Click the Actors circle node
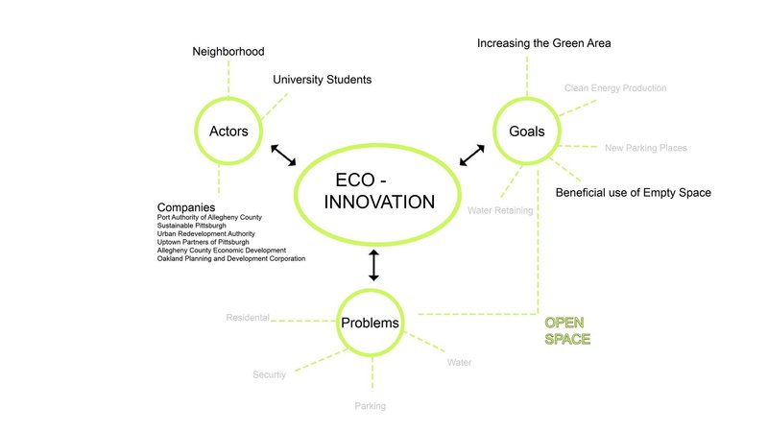click(228, 131)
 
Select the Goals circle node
click(527, 131)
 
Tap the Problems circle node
click(371, 323)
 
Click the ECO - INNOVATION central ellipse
click(378, 192)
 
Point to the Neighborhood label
click(228, 51)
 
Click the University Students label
click(322, 80)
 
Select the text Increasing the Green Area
click(543, 43)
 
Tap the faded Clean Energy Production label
click(614, 88)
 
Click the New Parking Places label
click(645, 148)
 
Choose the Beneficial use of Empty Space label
click(633, 193)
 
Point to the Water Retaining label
click(500, 209)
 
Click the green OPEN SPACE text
click(566, 330)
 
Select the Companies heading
click(185, 207)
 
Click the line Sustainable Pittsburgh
click(192, 226)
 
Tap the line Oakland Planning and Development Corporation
click(230, 259)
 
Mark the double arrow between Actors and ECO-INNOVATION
click(284, 156)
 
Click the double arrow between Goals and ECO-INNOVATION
click(472, 155)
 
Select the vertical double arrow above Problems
click(373, 264)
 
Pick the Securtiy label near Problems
click(269, 374)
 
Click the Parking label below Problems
click(370, 406)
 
